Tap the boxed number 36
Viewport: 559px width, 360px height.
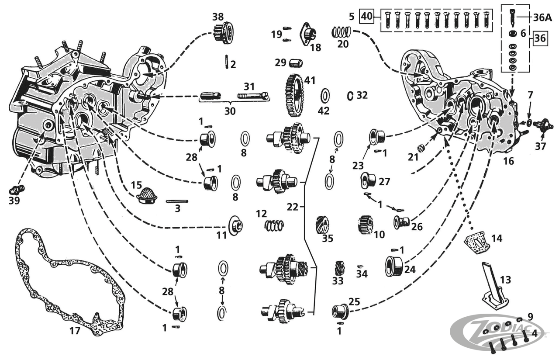tap(539, 38)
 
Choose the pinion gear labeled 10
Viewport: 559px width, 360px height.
tap(365, 224)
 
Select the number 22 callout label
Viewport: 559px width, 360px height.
tap(293, 207)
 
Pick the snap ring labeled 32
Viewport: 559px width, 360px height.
tap(350, 95)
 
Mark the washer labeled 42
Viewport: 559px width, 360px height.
tap(324, 96)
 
